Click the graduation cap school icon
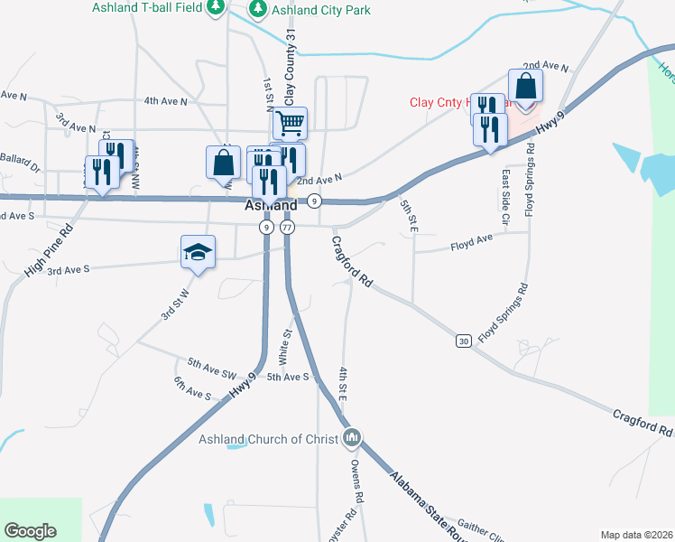199,252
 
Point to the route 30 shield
464,341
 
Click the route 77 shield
287,228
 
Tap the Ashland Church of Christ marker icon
352,439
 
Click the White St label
285,346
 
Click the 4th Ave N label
165,102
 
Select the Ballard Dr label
20,165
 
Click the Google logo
30,531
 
